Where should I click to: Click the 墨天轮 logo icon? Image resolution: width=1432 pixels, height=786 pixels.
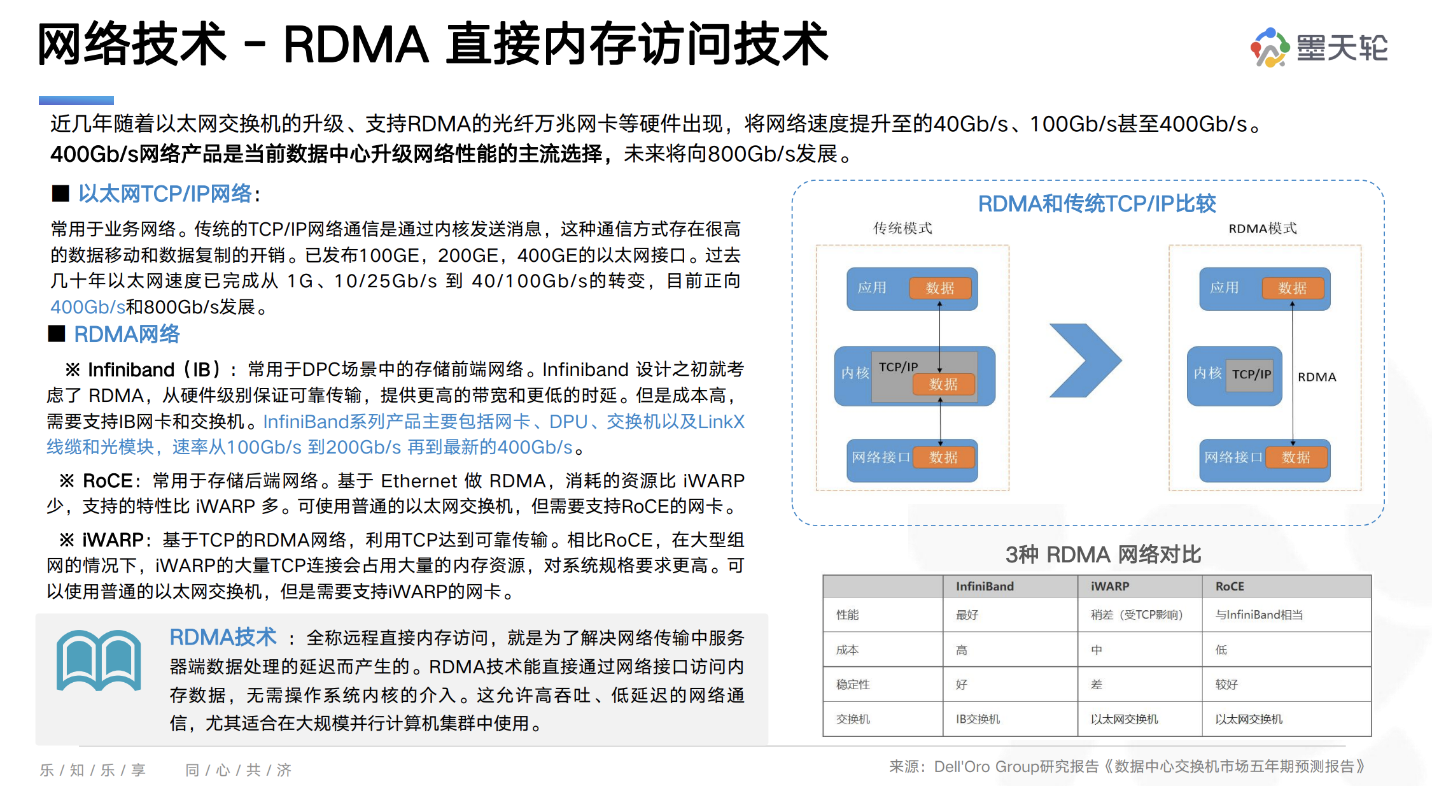tap(1269, 47)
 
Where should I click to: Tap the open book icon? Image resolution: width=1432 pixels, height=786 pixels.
tap(99, 660)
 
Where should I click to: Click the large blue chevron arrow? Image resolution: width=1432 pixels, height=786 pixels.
tap(1085, 361)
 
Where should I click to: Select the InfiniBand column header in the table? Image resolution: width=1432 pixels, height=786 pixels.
tap(985, 587)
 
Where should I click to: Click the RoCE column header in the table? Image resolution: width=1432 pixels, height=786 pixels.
tap(1229, 587)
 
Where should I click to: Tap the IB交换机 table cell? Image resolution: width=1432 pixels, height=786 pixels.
tap(978, 719)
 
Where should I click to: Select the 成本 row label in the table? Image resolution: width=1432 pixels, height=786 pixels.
tap(847, 650)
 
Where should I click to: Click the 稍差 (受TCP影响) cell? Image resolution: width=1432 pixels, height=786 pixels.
tap(1136, 615)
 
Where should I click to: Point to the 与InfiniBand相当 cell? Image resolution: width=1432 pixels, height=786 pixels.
tap(1259, 615)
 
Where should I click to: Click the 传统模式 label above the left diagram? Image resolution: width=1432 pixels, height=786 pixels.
tap(902, 229)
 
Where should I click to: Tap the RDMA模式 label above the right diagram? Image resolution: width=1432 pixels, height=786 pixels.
tap(1262, 229)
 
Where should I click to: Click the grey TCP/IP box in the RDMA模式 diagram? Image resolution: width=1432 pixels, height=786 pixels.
tap(1251, 375)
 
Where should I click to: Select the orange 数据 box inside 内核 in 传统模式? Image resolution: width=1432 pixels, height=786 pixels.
tap(943, 384)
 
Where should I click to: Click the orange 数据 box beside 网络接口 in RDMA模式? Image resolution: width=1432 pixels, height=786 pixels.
tap(1296, 457)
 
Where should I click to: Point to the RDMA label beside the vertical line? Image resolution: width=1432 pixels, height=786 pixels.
tap(1317, 377)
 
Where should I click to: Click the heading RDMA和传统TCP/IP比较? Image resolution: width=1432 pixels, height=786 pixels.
tap(1097, 204)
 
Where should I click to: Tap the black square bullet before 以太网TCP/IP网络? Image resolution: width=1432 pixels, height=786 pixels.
tap(60, 194)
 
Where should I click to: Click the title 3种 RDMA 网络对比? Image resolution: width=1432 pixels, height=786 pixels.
tap(1103, 555)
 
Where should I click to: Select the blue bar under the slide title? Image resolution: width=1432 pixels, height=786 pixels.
tap(76, 101)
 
